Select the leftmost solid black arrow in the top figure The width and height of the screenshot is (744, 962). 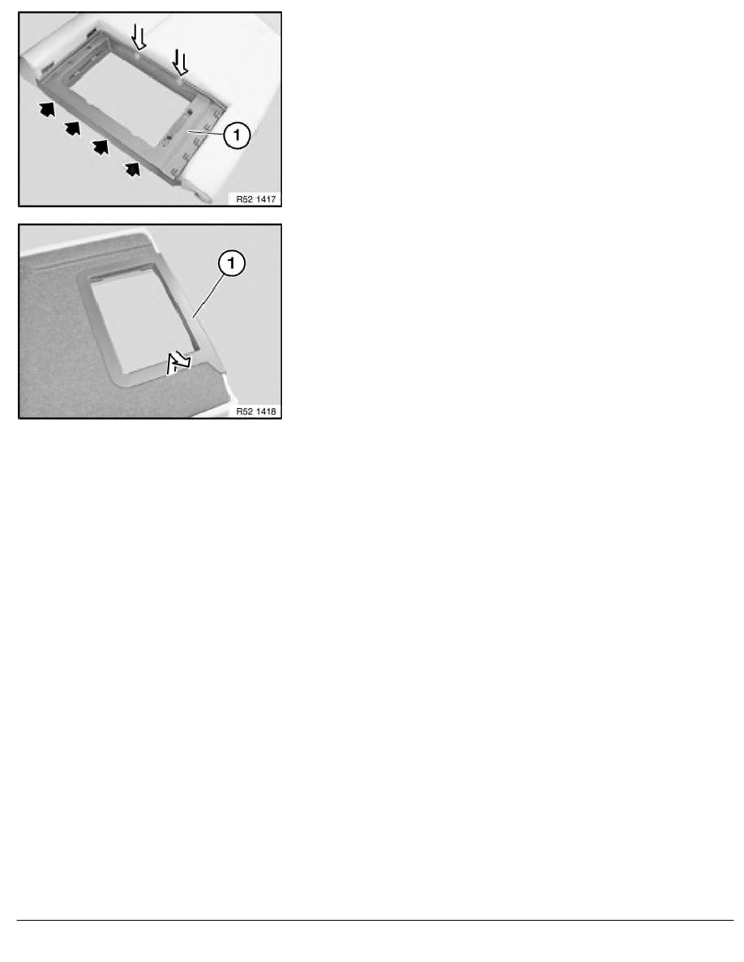[x=48, y=109]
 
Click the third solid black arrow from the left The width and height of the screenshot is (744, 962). [x=101, y=147]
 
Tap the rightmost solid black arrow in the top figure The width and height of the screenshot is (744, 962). [x=130, y=168]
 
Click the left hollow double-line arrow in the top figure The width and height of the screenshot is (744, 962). [x=139, y=36]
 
